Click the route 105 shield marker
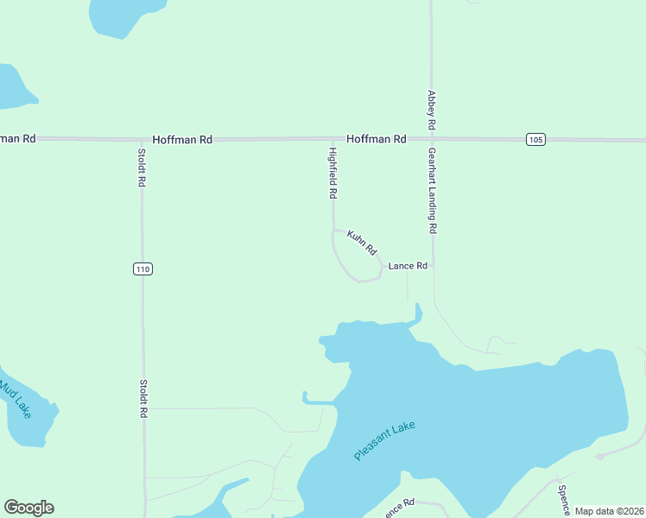coord(535,140)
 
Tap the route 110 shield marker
coord(143,269)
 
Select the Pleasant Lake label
coord(385,441)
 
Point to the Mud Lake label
coord(15,398)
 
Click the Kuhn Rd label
coord(363,243)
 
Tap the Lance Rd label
coord(408,266)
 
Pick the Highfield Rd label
coord(332,174)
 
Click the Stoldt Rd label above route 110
coord(142,168)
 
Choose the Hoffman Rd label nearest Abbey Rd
coord(377,139)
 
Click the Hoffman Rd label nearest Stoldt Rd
coord(182,139)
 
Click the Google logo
coord(28,508)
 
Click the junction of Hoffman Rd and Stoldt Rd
coord(142,139)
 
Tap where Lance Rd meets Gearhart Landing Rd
coord(433,266)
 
